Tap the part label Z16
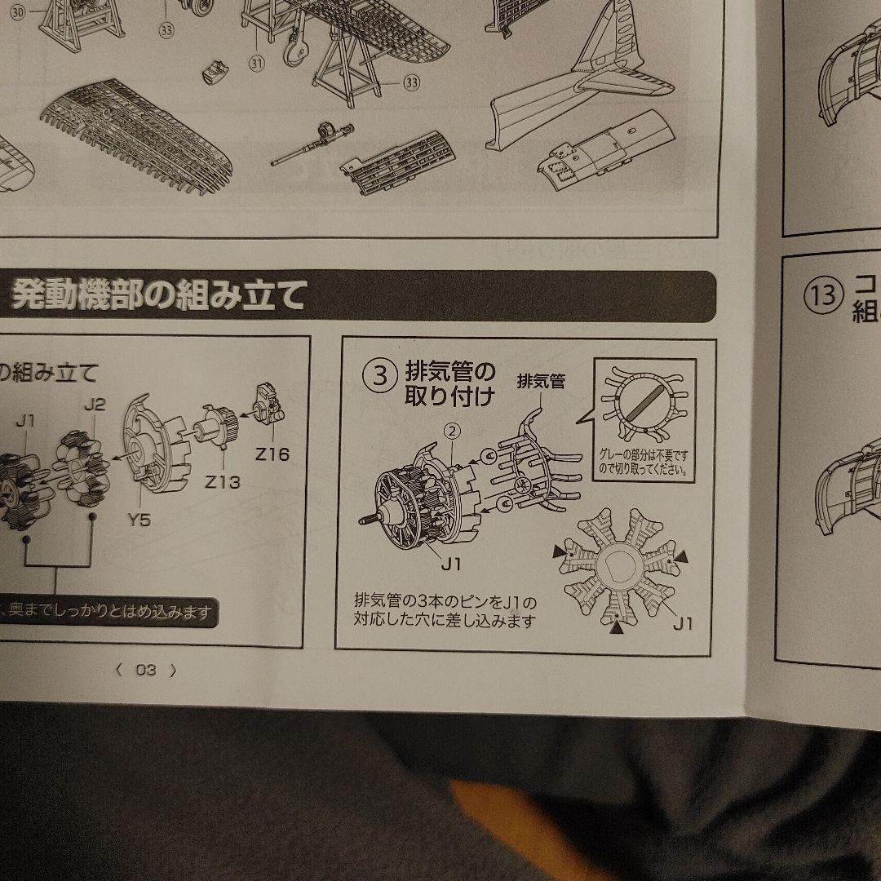(272, 454)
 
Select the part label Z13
(223, 481)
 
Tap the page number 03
(146, 671)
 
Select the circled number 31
(258, 62)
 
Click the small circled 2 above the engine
(453, 428)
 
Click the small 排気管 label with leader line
(540, 381)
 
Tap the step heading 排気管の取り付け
(450, 385)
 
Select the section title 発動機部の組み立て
(158, 295)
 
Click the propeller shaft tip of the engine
(364, 519)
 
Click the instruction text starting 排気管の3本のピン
(445, 611)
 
